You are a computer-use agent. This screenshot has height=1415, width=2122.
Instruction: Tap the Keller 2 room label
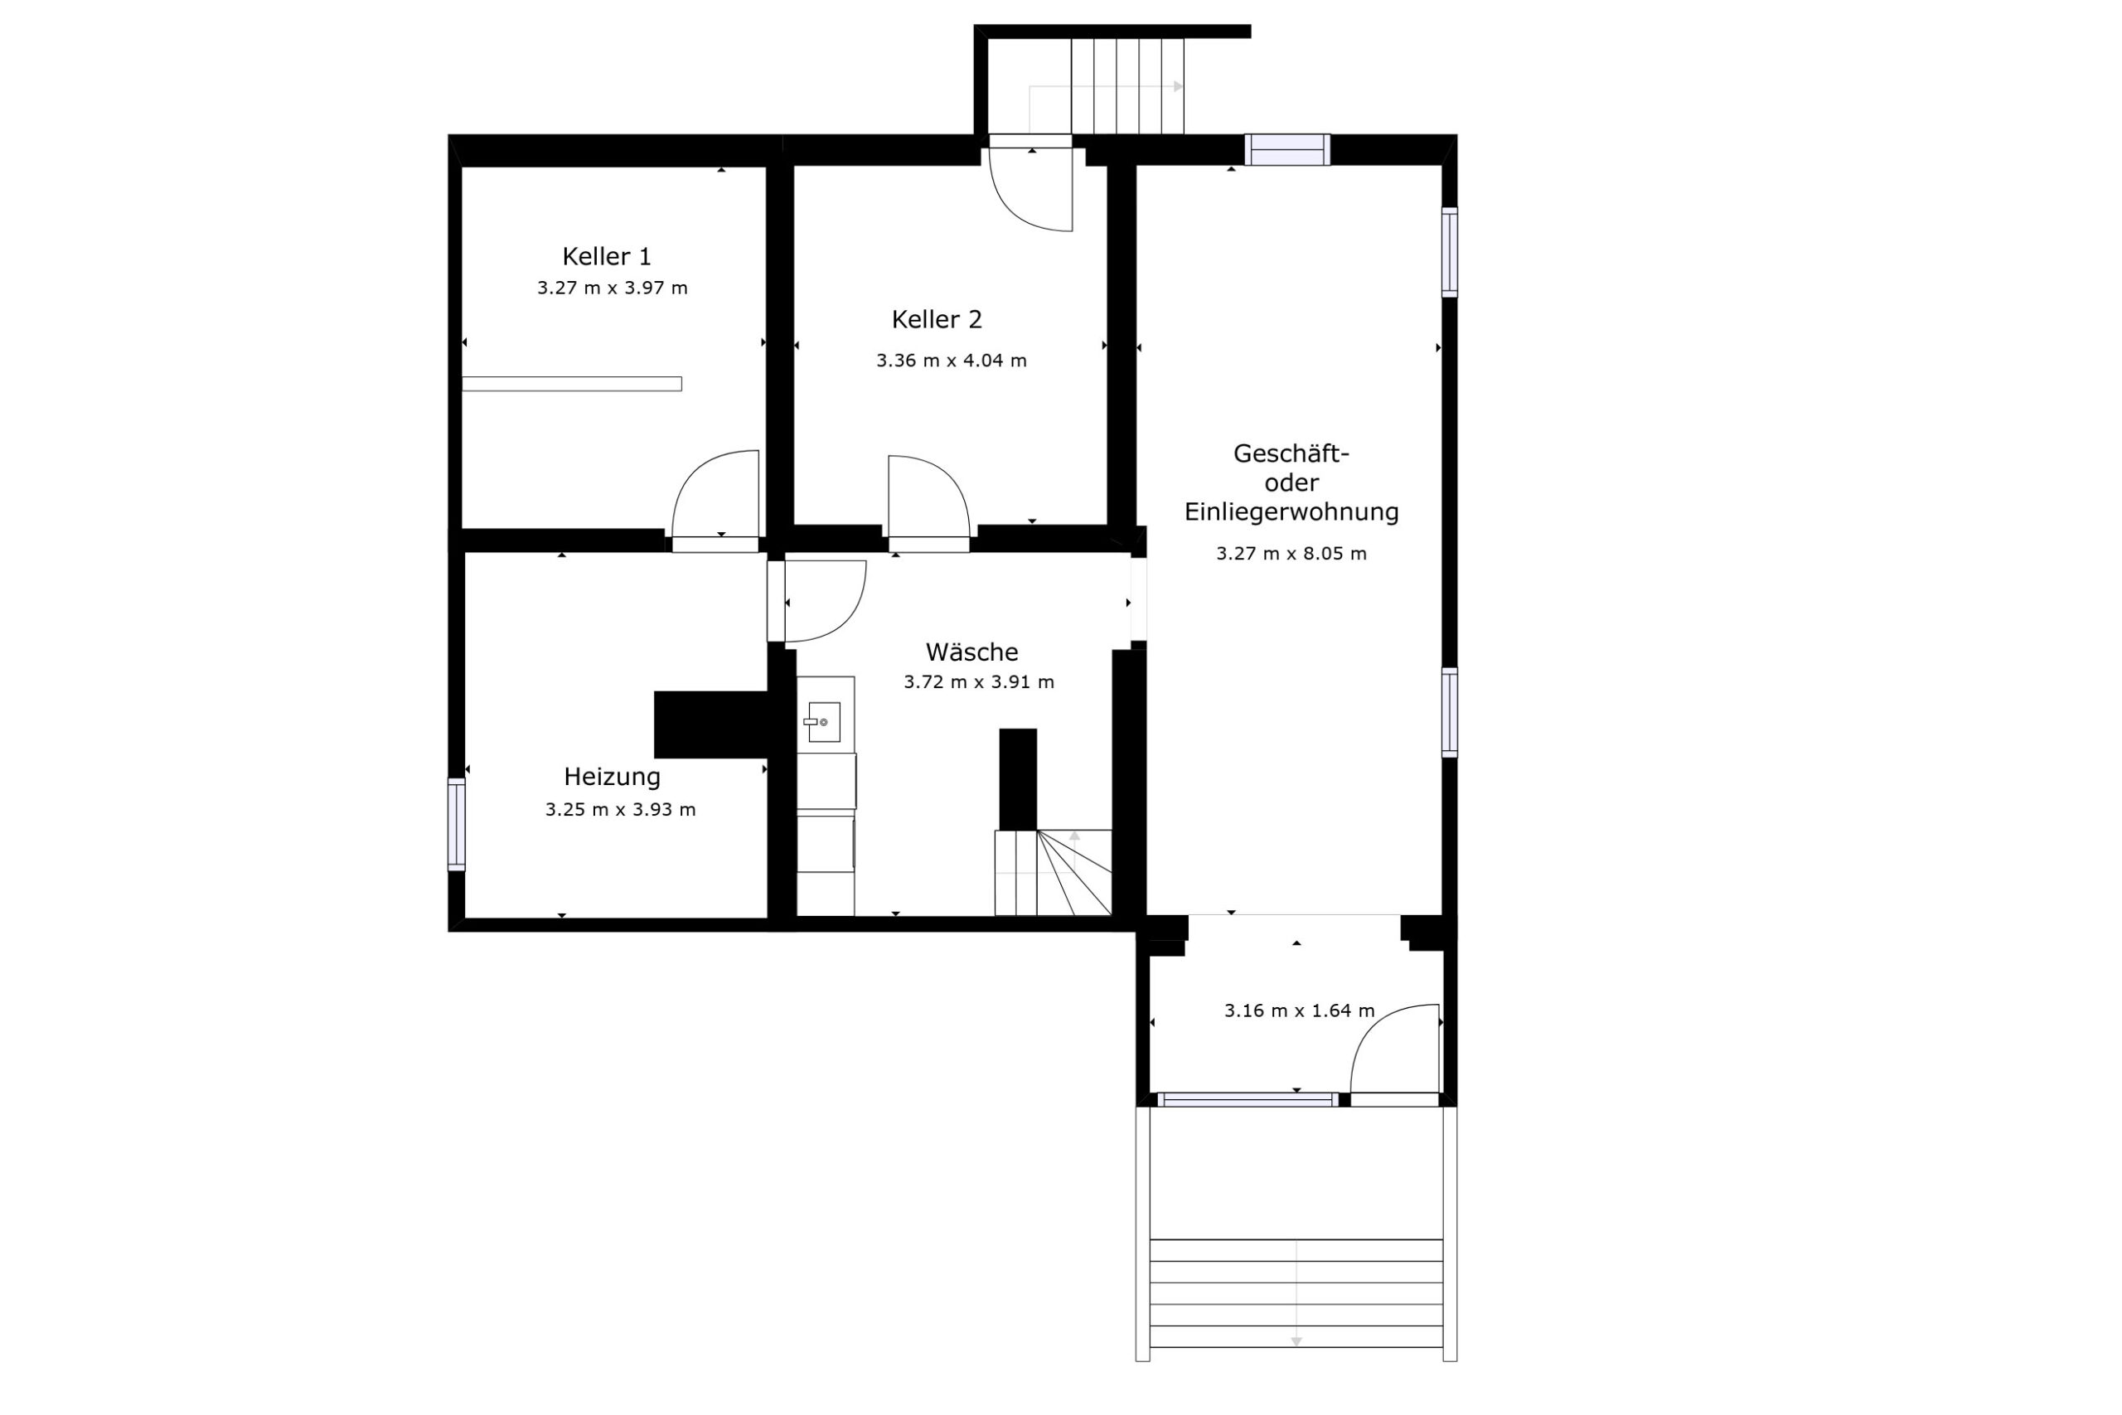tap(937, 319)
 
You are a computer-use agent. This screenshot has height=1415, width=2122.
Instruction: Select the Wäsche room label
tap(971, 652)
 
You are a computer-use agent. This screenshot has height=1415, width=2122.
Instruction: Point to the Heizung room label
tap(612, 777)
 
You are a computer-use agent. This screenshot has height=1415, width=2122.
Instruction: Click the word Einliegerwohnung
tap(1291, 511)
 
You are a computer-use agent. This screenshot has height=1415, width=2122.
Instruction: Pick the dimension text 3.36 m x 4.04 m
tap(951, 361)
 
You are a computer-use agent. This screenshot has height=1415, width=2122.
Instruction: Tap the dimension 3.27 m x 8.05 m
tap(1291, 554)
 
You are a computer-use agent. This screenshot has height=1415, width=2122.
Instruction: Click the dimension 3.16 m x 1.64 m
tap(1299, 1010)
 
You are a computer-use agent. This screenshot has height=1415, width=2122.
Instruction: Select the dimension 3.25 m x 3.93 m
tap(620, 810)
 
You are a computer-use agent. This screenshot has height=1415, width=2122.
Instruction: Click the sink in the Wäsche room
tap(825, 722)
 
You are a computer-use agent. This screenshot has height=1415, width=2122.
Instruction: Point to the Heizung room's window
tap(457, 825)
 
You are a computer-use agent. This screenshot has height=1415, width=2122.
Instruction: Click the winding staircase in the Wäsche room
tap(1053, 872)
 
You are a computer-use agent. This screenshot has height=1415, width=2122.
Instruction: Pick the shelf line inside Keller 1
tap(572, 385)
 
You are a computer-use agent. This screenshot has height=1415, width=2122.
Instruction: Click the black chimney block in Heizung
tap(711, 724)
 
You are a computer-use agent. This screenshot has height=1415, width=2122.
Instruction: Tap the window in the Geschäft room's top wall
tap(1287, 150)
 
